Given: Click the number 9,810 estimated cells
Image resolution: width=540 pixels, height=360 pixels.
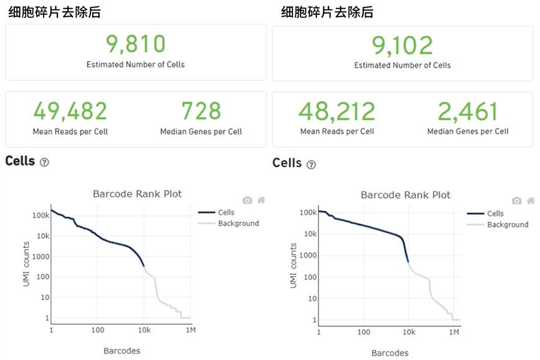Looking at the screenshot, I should point(136,45).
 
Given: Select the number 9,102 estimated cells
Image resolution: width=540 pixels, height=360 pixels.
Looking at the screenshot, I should point(403,45).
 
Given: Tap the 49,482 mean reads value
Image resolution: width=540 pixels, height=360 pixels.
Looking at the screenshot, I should point(70,111).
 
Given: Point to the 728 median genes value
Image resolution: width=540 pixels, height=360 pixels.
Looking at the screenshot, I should point(201,111).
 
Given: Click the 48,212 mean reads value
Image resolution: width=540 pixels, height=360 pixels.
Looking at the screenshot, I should point(337,112).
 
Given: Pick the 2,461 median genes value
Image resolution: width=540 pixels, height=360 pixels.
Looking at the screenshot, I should point(468,112).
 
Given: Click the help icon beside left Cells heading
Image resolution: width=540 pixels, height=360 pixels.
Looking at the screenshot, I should point(44,162).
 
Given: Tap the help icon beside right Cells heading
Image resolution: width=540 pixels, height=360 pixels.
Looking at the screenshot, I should point(311,165).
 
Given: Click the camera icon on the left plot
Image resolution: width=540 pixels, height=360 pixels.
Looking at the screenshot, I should point(248,200).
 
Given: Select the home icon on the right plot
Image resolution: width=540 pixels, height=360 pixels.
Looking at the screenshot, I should point(530,200).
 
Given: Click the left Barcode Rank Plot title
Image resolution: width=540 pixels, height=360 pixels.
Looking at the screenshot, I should point(137,194).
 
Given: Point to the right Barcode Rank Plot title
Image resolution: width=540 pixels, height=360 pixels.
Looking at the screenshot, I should point(406,195).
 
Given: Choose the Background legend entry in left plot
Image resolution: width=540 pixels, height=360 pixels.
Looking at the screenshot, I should point(238,223).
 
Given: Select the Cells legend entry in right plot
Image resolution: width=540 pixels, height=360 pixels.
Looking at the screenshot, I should point(495,213).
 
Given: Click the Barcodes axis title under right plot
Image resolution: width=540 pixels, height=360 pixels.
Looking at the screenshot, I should point(390,353).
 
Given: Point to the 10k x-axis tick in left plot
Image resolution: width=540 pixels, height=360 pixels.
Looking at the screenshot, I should point(144,330).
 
